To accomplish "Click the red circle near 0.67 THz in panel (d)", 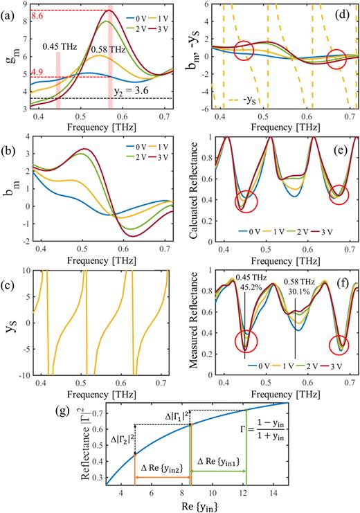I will [x=336, y=59].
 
